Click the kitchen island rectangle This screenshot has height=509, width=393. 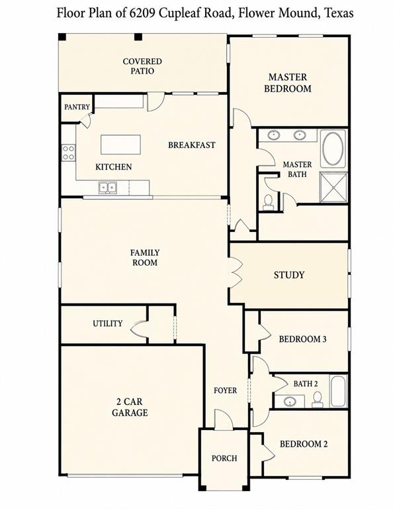coord(120,144)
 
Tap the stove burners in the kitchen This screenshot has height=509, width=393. coord(68,153)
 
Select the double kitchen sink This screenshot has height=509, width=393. coord(107,188)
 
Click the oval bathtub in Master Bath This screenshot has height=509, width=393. coord(333,148)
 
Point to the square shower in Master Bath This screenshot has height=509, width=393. coord(333,188)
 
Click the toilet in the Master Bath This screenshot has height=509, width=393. coord(268,203)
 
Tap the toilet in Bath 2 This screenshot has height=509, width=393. coord(318,399)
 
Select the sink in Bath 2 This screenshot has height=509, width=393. coord(290,402)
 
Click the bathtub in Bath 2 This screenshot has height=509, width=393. coord(339,391)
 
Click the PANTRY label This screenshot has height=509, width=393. coord(77,107)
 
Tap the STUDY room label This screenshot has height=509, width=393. coord(289,275)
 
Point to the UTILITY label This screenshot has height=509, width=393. coord(108,323)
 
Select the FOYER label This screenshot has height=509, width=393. coord(225,390)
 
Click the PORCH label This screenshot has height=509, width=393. coord(224,458)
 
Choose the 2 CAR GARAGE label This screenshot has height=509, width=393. coord(130,407)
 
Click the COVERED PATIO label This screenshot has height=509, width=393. coord(142,66)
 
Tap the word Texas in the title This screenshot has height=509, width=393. coord(339,13)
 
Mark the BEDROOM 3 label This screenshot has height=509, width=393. coord(302,339)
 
